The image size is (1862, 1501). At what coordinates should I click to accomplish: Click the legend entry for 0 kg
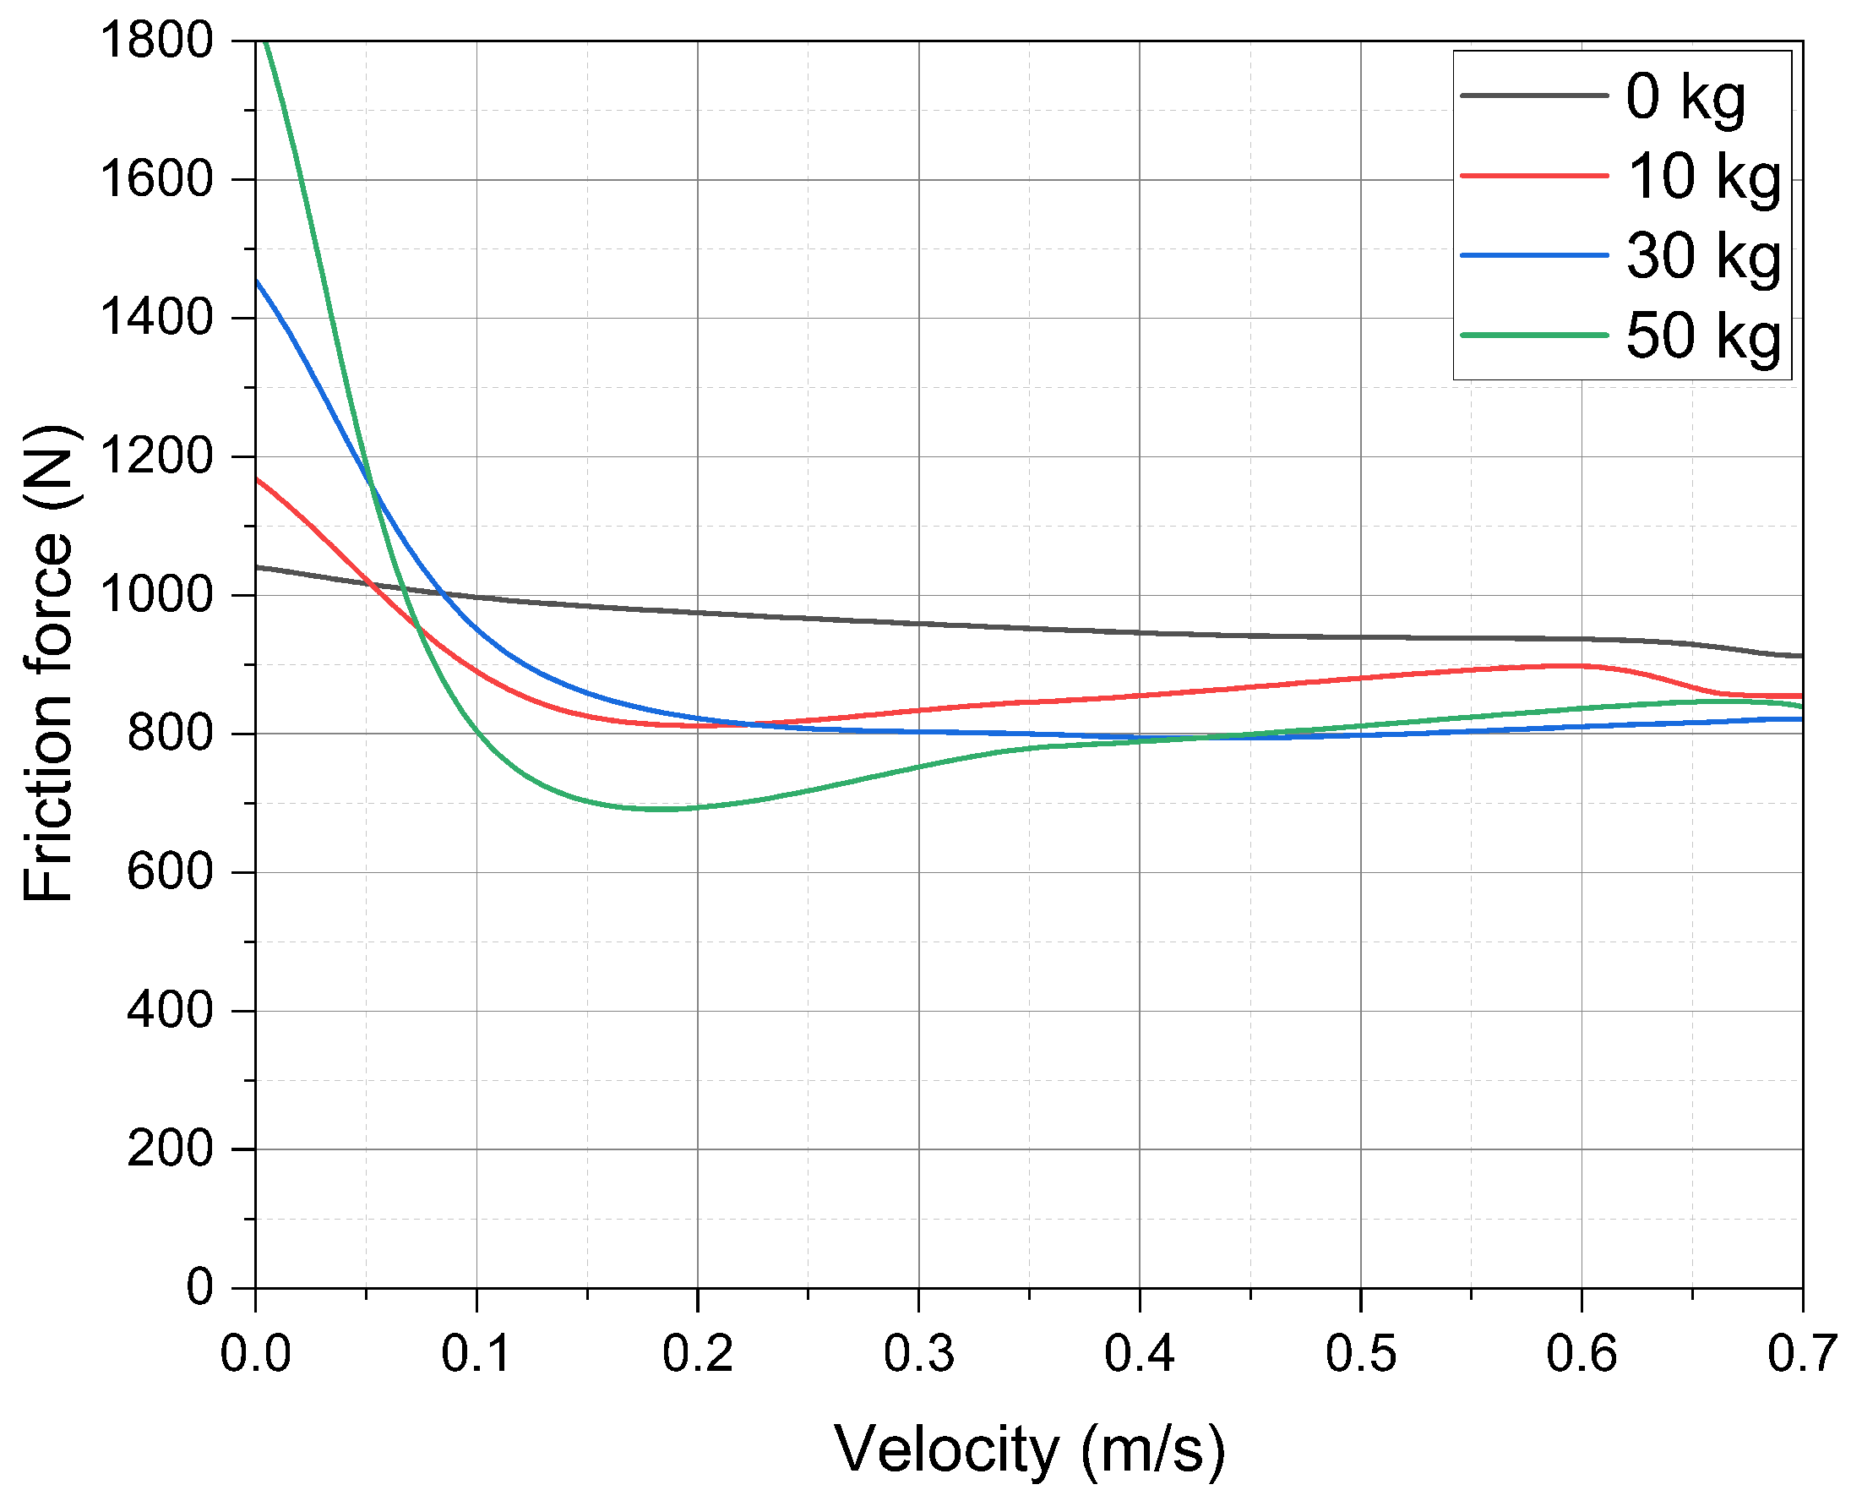(1685, 97)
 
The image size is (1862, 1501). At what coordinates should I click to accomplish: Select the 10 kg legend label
(1703, 177)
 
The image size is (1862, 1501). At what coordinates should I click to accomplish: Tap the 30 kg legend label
(1703, 256)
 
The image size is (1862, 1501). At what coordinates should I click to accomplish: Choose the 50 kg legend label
(1703, 336)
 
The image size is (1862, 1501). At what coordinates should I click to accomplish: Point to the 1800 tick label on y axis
(156, 40)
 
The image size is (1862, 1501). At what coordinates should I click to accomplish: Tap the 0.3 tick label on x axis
(918, 1353)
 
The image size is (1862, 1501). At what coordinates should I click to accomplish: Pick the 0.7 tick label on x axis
(1801, 1353)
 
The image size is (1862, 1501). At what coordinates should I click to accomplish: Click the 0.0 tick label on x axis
(256, 1353)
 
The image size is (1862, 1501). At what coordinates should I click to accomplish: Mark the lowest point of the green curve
(661, 810)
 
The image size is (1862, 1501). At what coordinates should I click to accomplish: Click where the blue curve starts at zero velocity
(257, 281)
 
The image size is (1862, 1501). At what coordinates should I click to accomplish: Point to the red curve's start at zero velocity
(257, 478)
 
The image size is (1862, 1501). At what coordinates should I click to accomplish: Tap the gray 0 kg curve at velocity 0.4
(1140, 633)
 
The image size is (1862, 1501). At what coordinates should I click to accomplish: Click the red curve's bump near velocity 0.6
(1577, 665)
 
